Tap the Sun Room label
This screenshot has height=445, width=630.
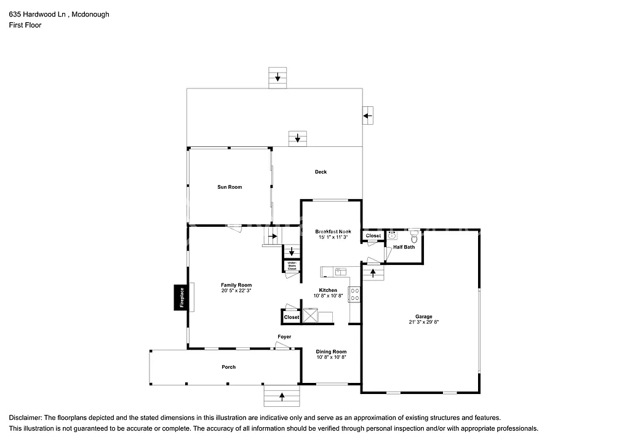click(x=229, y=187)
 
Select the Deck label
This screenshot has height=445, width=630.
click(x=321, y=172)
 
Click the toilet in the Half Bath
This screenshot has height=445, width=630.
click(x=414, y=237)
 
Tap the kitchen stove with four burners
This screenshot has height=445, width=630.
click(x=354, y=294)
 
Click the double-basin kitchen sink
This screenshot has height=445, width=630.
click(x=340, y=271)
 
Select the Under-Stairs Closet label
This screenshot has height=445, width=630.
click(x=292, y=266)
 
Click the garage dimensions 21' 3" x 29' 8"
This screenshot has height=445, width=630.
click(x=423, y=322)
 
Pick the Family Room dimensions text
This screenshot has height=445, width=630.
click(x=236, y=291)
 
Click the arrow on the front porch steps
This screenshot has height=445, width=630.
click(x=282, y=396)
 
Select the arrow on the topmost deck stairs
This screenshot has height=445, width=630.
click(x=277, y=77)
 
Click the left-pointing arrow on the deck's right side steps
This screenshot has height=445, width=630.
click(x=367, y=115)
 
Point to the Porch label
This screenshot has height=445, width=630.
click(x=228, y=367)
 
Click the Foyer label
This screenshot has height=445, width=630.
click(x=284, y=337)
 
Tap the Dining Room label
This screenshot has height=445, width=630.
click(x=332, y=352)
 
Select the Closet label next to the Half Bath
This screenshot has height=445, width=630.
click(x=373, y=236)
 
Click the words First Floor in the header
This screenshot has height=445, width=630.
click(x=25, y=25)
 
